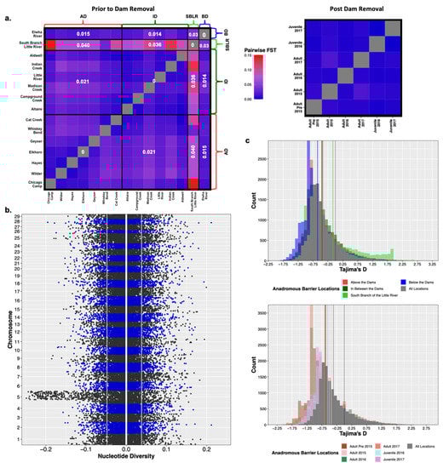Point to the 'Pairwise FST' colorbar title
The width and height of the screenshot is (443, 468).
click(262, 50)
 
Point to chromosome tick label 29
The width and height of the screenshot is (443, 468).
click(34, 218)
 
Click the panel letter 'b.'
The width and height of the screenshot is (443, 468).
click(9, 210)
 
